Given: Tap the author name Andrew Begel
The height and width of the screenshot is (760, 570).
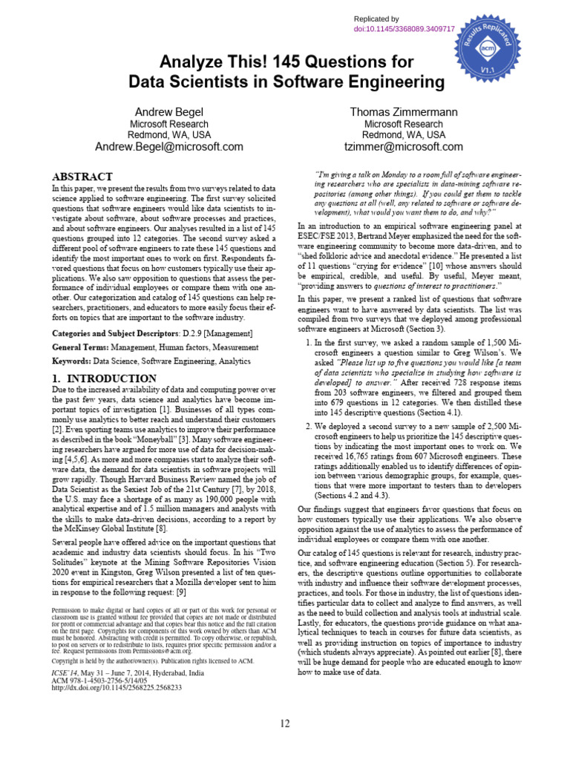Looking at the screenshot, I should point(168,112).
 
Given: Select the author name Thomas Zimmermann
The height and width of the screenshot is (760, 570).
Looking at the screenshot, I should point(404,112).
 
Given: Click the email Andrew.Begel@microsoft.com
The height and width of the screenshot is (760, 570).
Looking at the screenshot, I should point(169,147).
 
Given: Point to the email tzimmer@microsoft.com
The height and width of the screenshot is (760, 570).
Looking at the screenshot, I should point(404,147).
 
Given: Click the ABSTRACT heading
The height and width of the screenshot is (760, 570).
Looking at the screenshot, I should point(82,177).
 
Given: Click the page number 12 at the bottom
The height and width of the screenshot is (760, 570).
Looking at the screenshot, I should point(286,724).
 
